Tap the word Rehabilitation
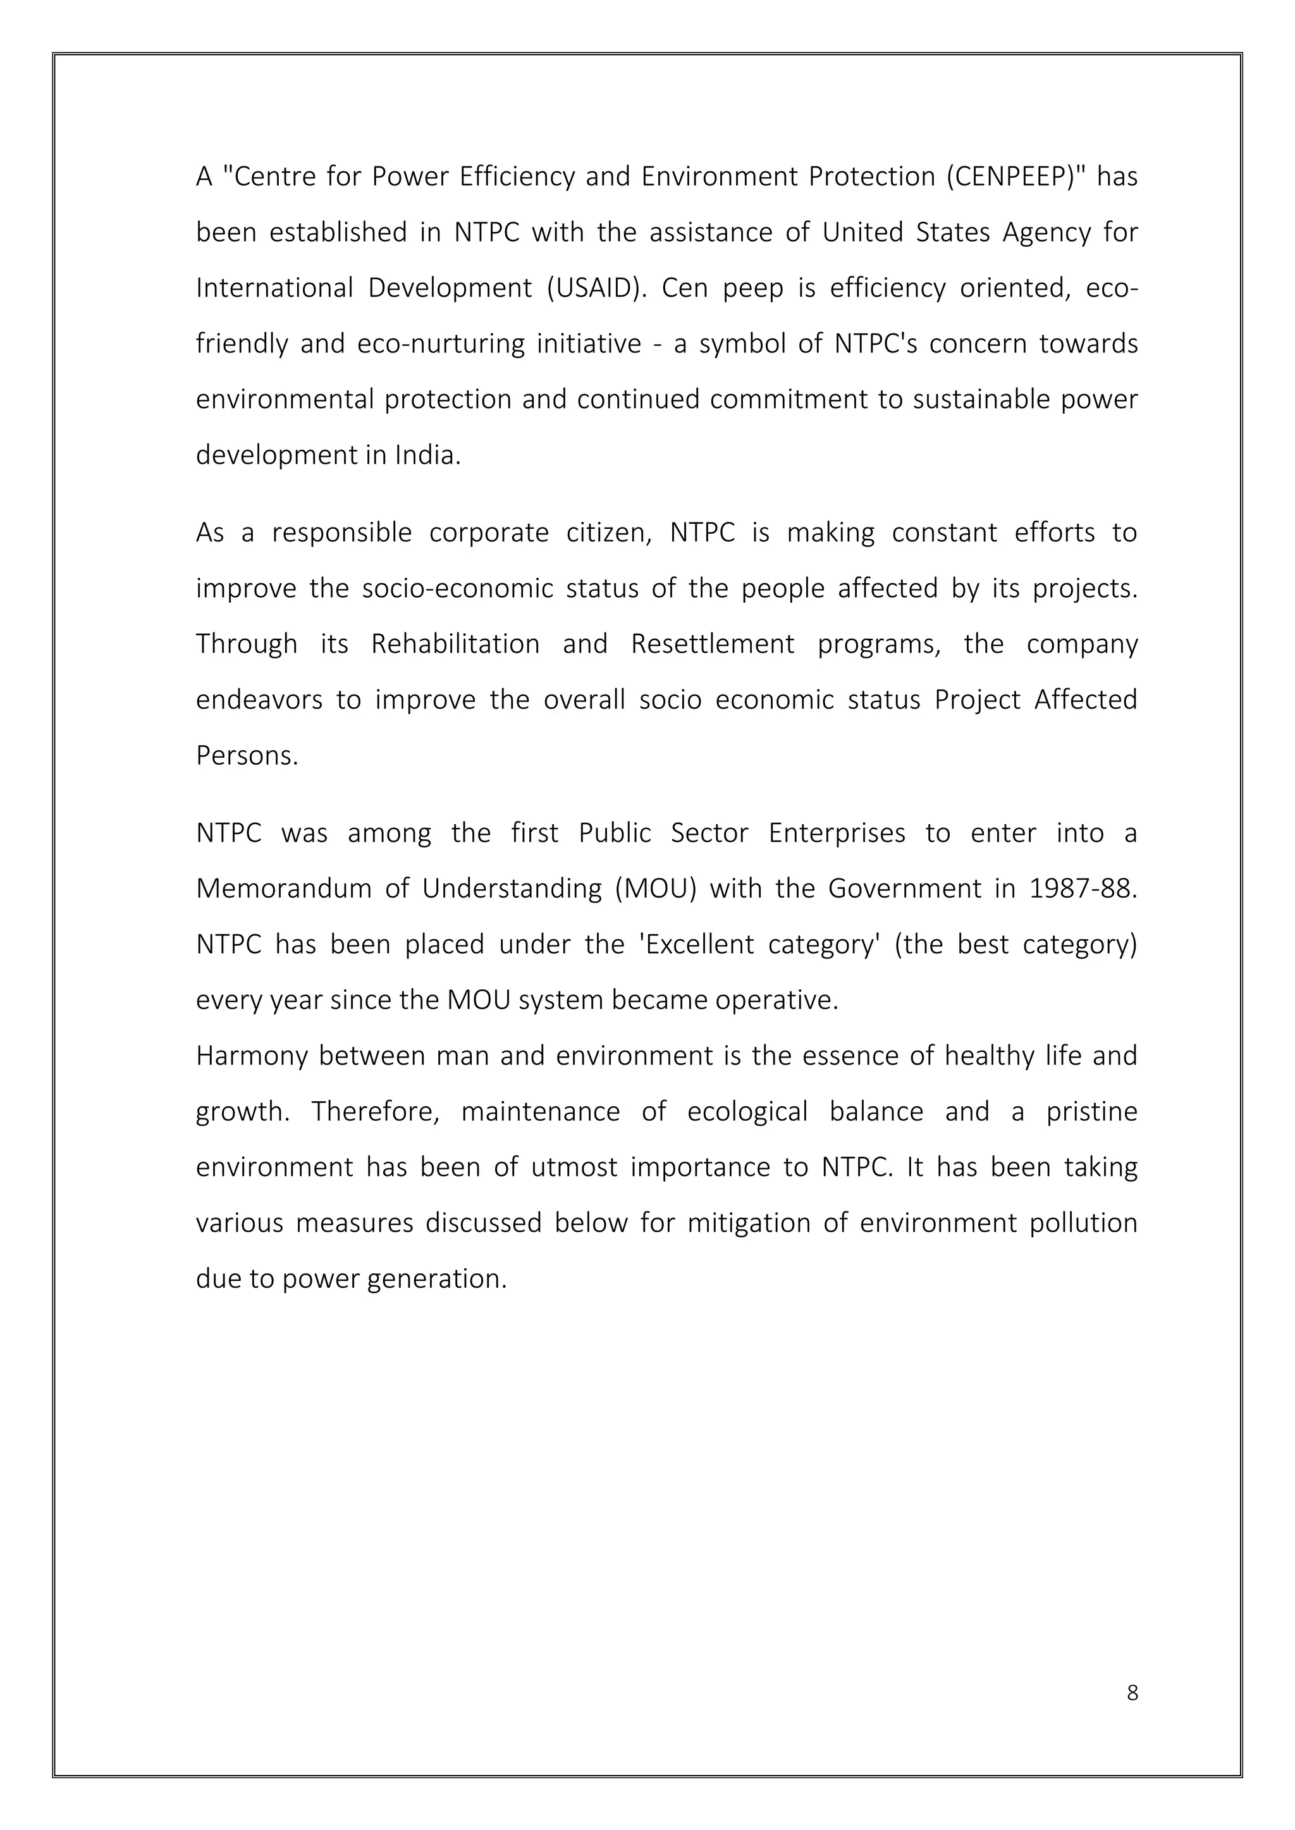(x=455, y=644)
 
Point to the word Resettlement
(x=712, y=644)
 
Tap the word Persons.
(x=247, y=755)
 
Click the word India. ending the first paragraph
(x=428, y=455)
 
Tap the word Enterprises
(x=837, y=833)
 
